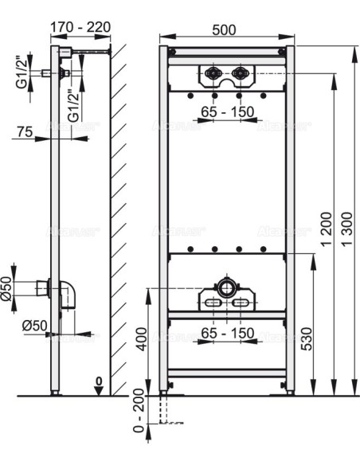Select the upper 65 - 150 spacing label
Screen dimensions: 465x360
coord(227,112)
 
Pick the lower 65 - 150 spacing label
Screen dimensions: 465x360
coord(227,332)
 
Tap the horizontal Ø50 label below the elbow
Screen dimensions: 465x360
coord(35,326)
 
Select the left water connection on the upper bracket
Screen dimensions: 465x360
coord(213,77)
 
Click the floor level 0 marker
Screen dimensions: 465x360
coord(97,383)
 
